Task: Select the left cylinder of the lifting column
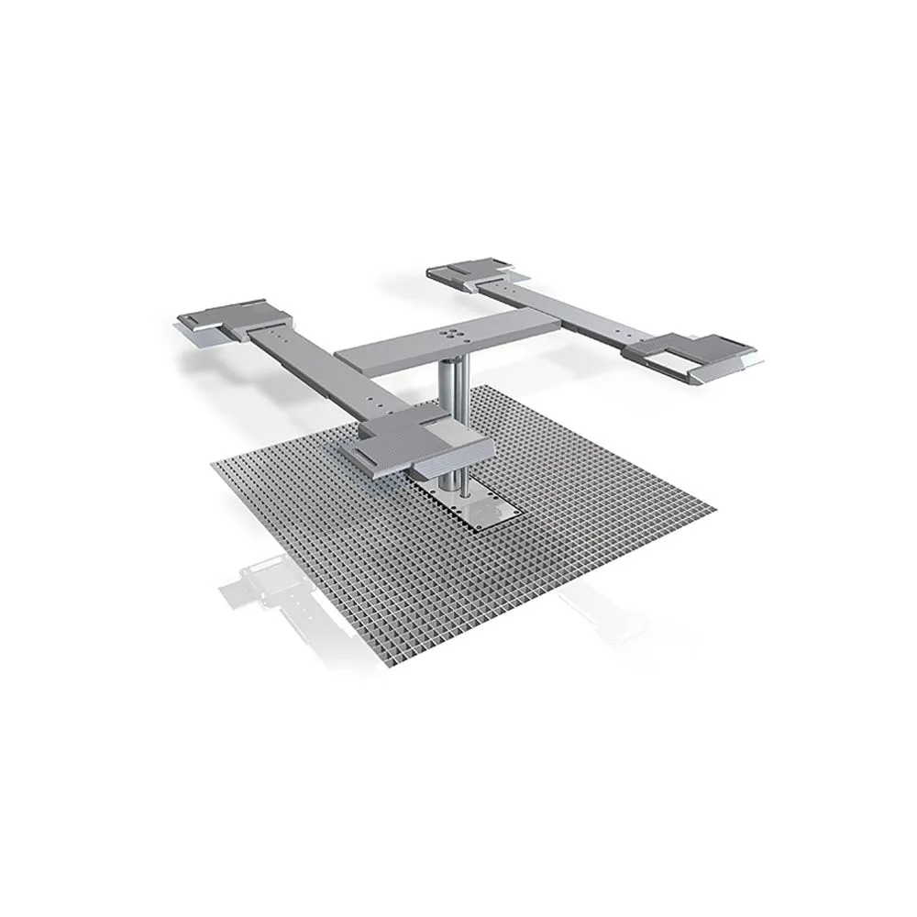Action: coord(444,422)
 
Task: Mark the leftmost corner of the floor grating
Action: coord(215,469)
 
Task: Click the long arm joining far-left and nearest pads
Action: coord(321,368)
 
